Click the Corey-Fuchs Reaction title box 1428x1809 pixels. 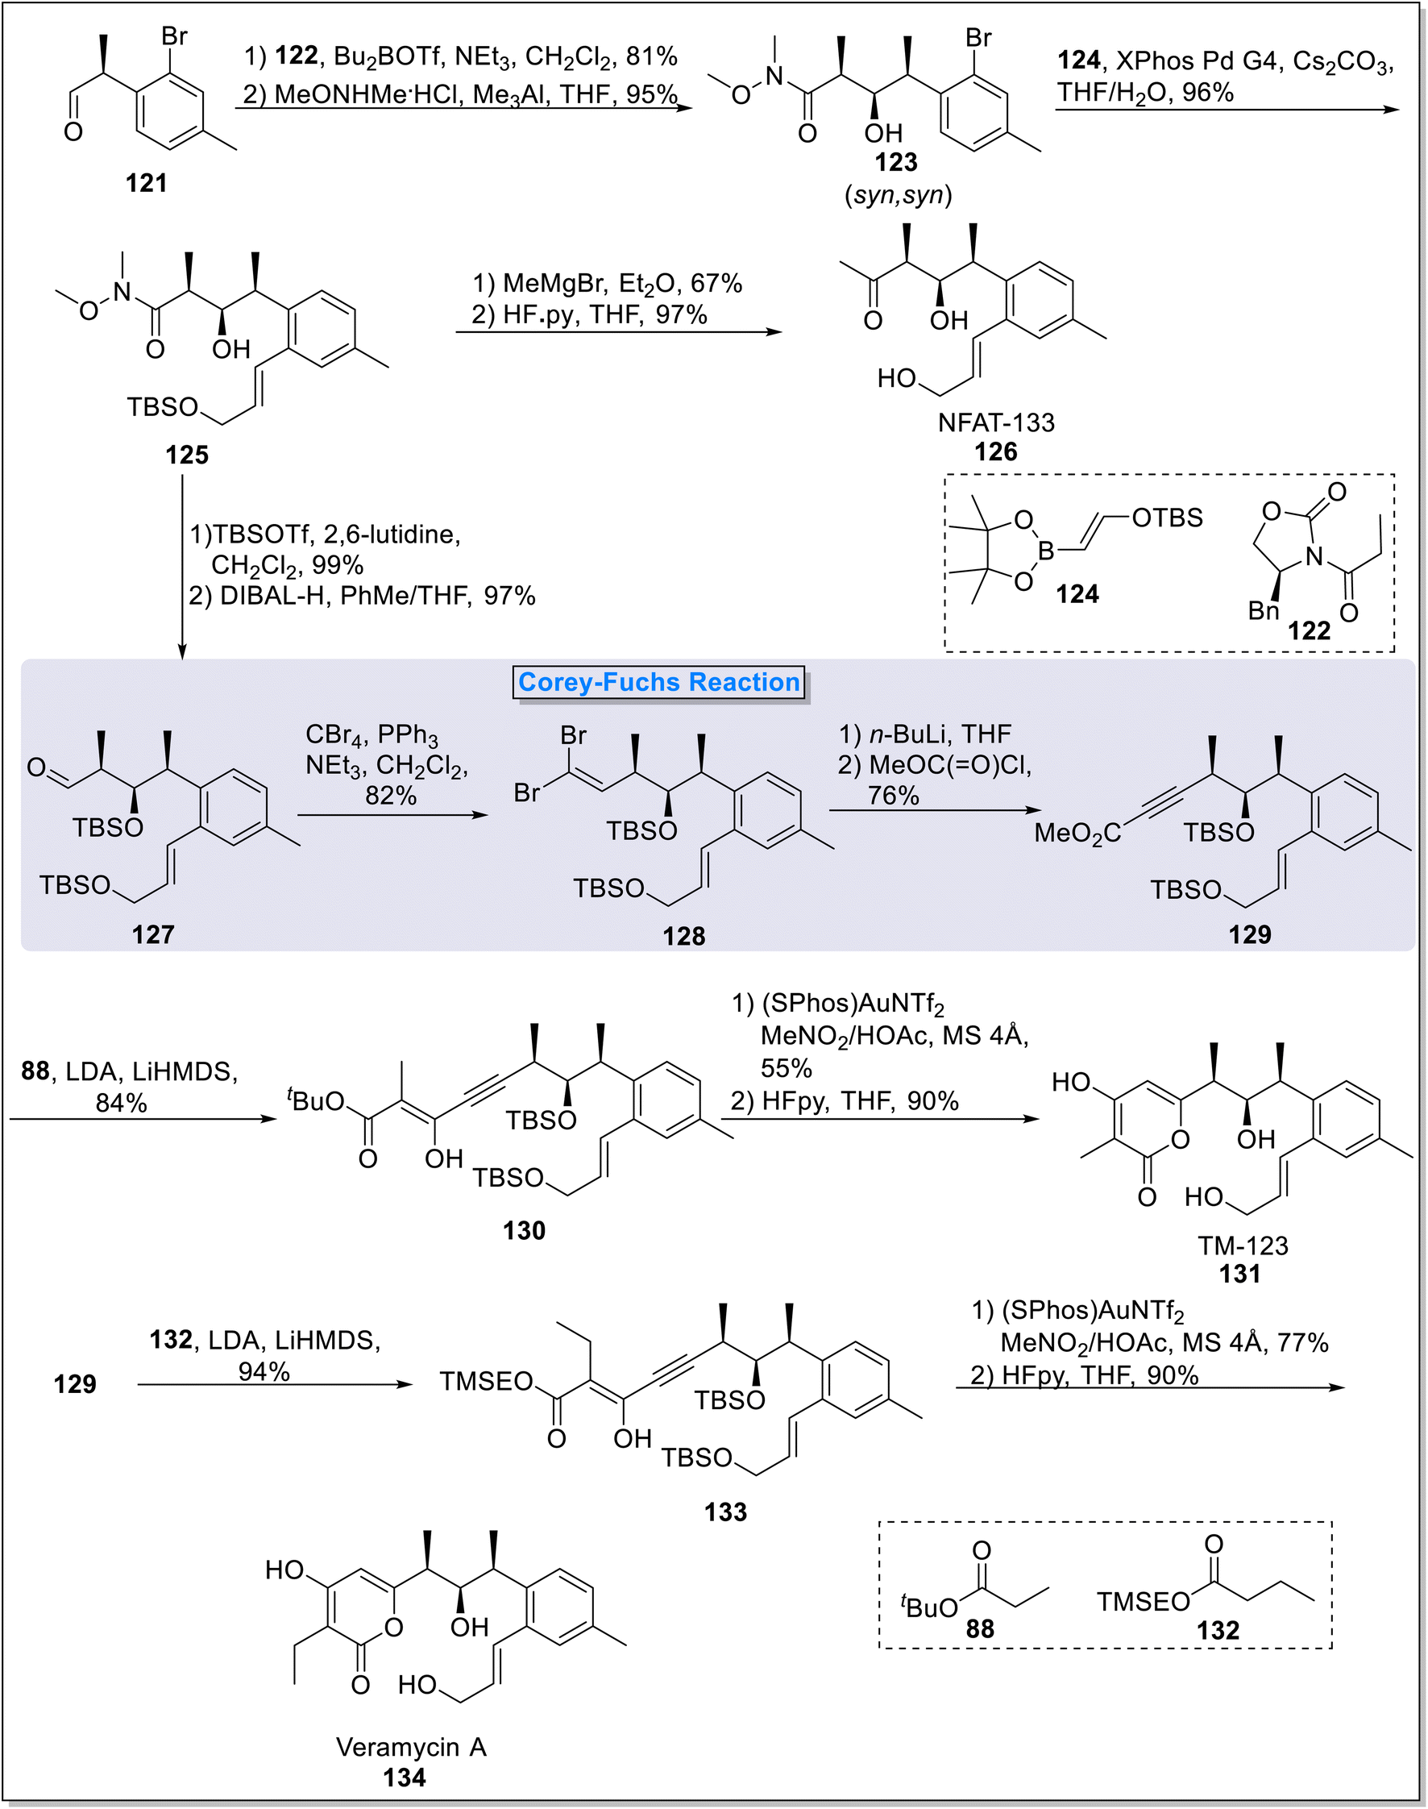pyautogui.click(x=660, y=683)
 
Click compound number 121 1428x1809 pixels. pyautogui.click(x=147, y=182)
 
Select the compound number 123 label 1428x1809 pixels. pyautogui.click(x=896, y=161)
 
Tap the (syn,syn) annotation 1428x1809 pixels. pyautogui.click(x=898, y=195)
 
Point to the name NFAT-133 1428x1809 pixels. pyautogui.click(x=996, y=422)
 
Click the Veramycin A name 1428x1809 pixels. pyautogui.click(x=410, y=1747)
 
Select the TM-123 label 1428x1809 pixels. pyautogui.click(x=1243, y=1246)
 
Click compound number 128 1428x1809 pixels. pyautogui.click(x=684, y=936)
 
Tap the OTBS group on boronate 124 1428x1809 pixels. pyautogui.click(x=1167, y=518)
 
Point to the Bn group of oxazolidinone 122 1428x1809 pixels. pyautogui.click(x=1264, y=611)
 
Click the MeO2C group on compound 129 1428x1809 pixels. pyautogui.click(x=1077, y=833)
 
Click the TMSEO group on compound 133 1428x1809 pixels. pyautogui.click(x=487, y=1381)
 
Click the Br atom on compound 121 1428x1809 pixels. pyautogui.click(x=175, y=37)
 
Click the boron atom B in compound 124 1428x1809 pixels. pyautogui.click(x=1046, y=551)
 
